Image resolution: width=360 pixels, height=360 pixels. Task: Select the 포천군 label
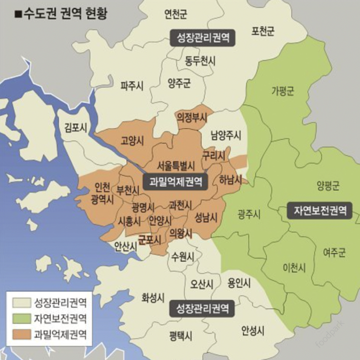point(263,31)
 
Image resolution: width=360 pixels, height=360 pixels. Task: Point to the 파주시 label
point(132,86)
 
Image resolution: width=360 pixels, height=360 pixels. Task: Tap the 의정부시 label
point(192,117)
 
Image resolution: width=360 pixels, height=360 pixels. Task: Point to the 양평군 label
point(328,186)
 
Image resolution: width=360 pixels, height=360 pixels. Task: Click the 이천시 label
point(294,267)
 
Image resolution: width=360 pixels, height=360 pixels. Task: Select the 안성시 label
point(252,329)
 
